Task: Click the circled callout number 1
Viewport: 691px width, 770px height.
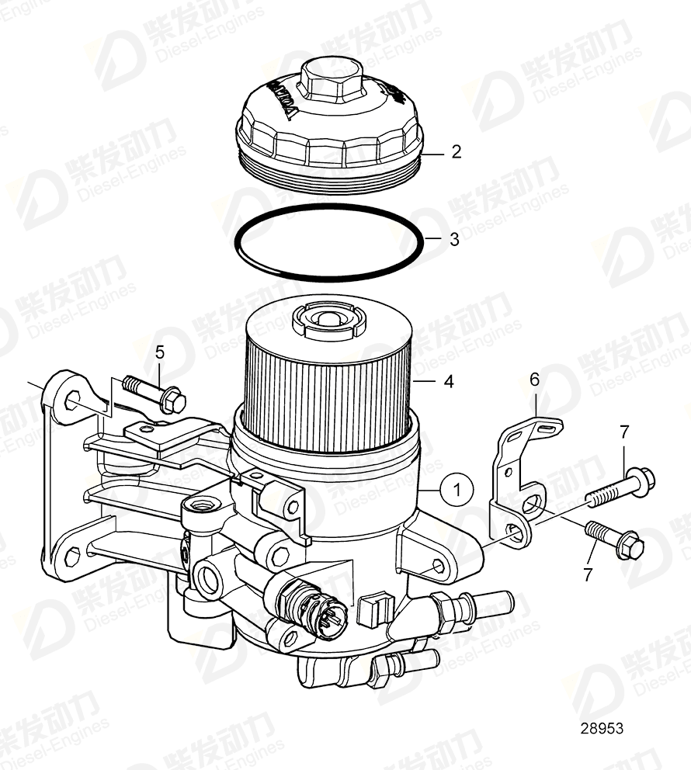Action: tap(457, 490)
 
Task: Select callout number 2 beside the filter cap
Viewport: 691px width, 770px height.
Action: tap(457, 152)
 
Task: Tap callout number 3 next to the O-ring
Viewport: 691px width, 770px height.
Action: tap(454, 240)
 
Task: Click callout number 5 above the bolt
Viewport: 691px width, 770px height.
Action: tap(159, 352)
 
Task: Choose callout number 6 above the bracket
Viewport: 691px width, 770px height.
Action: tap(534, 380)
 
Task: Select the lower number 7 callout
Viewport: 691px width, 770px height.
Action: tap(587, 575)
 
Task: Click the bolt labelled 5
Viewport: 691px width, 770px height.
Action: tap(155, 393)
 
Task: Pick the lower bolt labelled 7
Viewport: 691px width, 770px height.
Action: tap(613, 539)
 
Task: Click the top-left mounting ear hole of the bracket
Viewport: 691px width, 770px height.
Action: tap(71, 401)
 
